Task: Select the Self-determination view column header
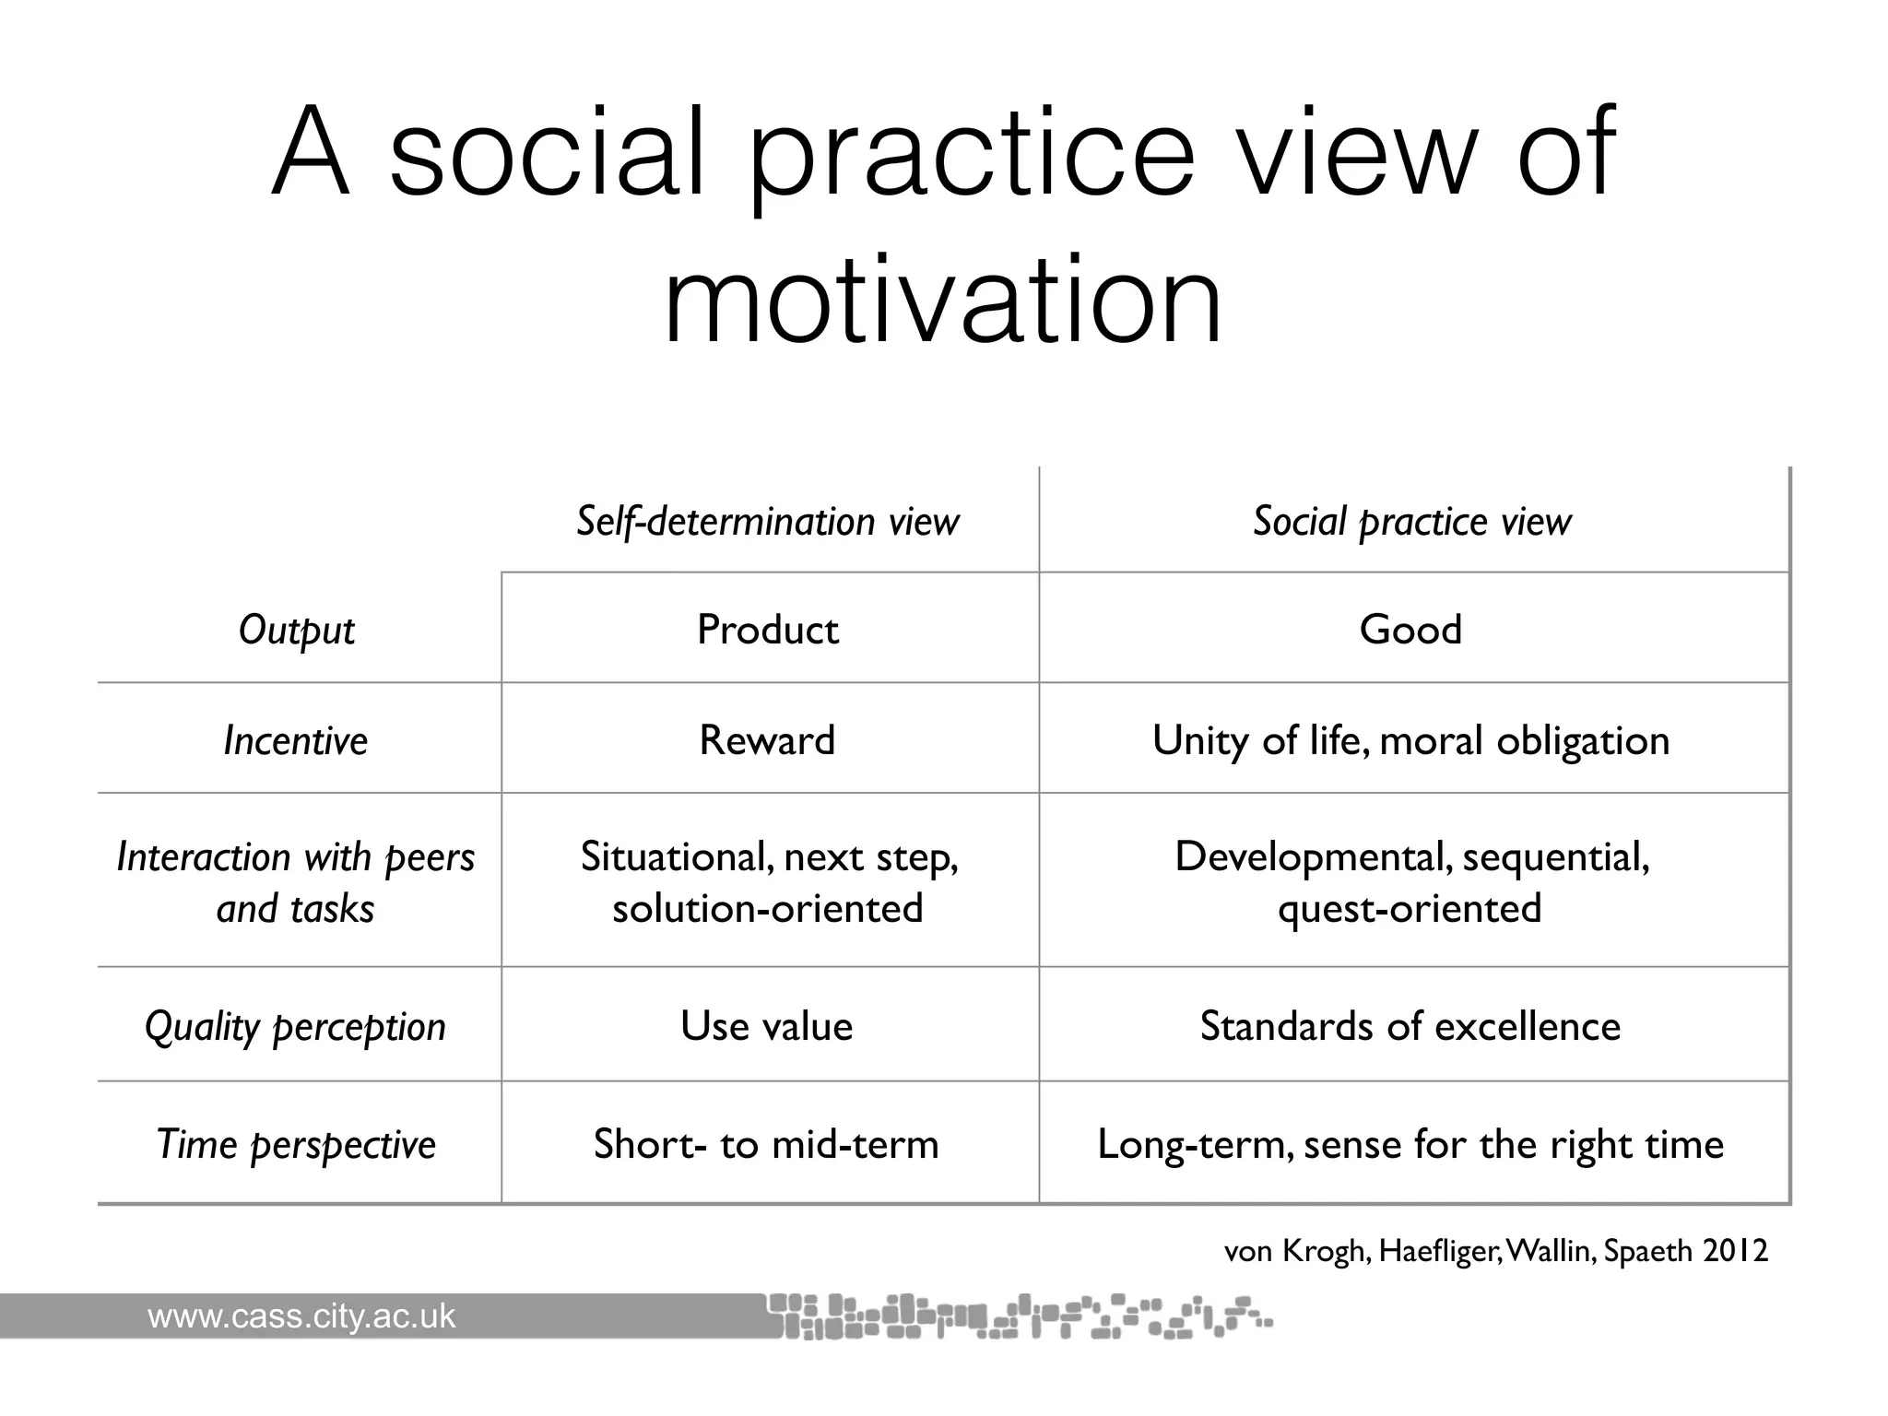pyautogui.click(x=768, y=522)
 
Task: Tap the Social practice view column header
pyautogui.click(x=1411, y=522)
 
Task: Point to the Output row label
pyautogui.click(x=296, y=631)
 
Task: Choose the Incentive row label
pyautogui.click(x=296, y=740)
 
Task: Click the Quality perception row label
pyautogui.click(x=296, y=1027)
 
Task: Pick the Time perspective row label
pyautogui.click(x=296, y=1145)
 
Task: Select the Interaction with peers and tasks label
pyautogui.click(x=296, y=883)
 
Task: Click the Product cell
pyautogui.click(x=768, y=631)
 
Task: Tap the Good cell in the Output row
pyautogui.click(x=1410, y=631)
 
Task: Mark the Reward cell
pyautogui.click(x=767, y=740)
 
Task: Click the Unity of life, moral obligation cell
pyautogui.click(x=1410, y=740)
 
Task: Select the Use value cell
pyautogui.click(x=767, y=1027)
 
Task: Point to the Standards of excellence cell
pyautogui.click(x=1410, y=1027)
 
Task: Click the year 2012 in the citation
pyautogui.click(x=1736, y=1251)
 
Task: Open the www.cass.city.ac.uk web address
pyautogui.click(x=301, y=1316)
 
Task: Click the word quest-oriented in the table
pyautogui.click(x=1410, y=909)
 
